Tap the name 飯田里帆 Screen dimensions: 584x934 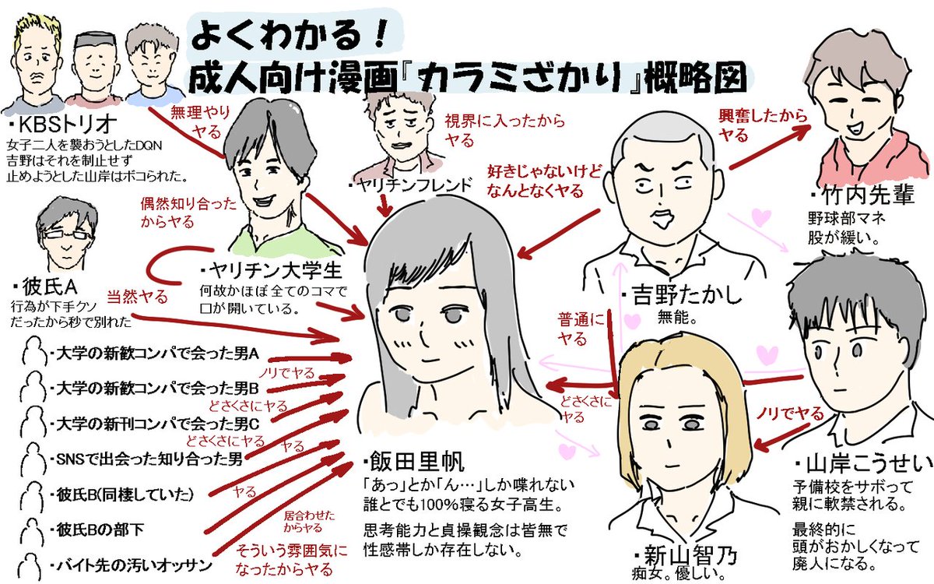(409, 459)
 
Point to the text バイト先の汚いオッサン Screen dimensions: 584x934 (132, 561)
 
